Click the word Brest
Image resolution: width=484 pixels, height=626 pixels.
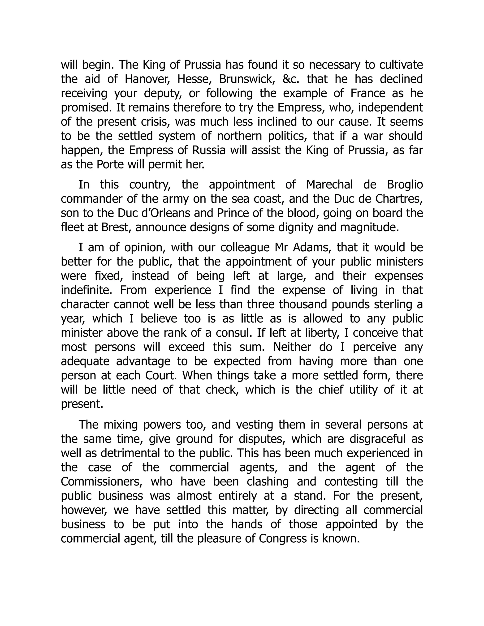point(116,227)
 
